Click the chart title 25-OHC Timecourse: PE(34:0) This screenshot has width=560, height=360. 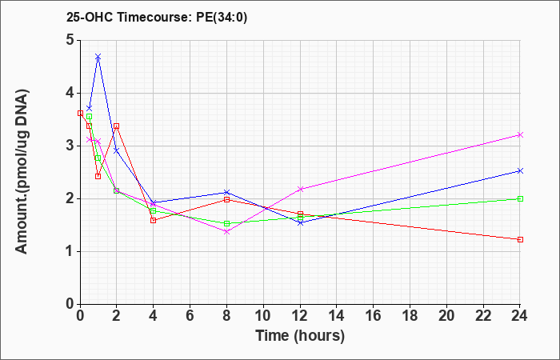(157, 17)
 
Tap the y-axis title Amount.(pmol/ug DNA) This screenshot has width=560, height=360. (22, 172)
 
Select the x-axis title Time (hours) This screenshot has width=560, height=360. (300, 336)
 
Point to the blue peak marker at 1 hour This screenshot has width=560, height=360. (98, 57)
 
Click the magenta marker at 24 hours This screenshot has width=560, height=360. (520, 134)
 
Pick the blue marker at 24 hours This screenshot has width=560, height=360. (520, 170)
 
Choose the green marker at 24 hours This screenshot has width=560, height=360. (520, 198)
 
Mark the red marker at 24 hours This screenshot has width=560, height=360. (520, 239)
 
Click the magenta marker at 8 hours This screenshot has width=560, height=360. (226, 231)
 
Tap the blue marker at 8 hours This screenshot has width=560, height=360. (226, 192)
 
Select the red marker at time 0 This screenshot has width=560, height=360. (80, 114)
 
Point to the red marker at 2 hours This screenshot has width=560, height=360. (117, 126)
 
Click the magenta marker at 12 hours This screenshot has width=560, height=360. (300, 189)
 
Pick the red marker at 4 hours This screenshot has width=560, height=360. (154, 220)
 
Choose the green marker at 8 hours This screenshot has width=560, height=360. (226, 223)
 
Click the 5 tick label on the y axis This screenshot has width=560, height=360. (70, 40)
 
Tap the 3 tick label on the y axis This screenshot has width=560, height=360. (70, 146)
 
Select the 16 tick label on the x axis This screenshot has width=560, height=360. (374, 316)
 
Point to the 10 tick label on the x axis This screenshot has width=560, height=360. (263, 316)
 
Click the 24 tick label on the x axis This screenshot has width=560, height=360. (520, 316)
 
